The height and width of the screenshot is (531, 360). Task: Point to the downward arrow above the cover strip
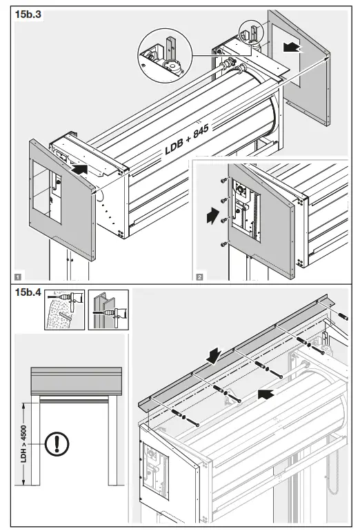(x=214, y=354)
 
